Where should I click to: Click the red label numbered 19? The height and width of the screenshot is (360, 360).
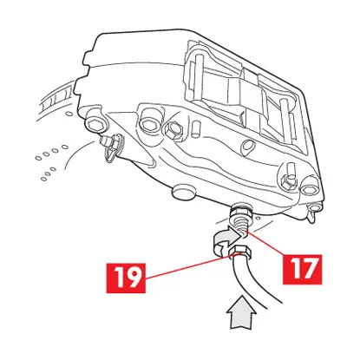126,278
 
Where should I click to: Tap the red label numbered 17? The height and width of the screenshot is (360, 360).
302,269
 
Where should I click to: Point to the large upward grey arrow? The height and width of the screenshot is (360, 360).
241,312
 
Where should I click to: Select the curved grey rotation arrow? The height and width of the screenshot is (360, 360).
226,240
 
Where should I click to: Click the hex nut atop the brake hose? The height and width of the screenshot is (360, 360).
239,252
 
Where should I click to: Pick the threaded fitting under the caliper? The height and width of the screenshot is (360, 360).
240,218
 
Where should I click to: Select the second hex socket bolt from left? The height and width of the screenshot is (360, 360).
150,122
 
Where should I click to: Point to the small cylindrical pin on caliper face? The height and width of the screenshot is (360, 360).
196,128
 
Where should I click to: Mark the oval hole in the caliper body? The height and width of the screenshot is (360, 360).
246,145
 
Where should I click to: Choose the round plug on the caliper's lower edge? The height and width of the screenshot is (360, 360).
184,192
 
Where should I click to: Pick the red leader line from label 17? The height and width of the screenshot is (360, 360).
266,244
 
